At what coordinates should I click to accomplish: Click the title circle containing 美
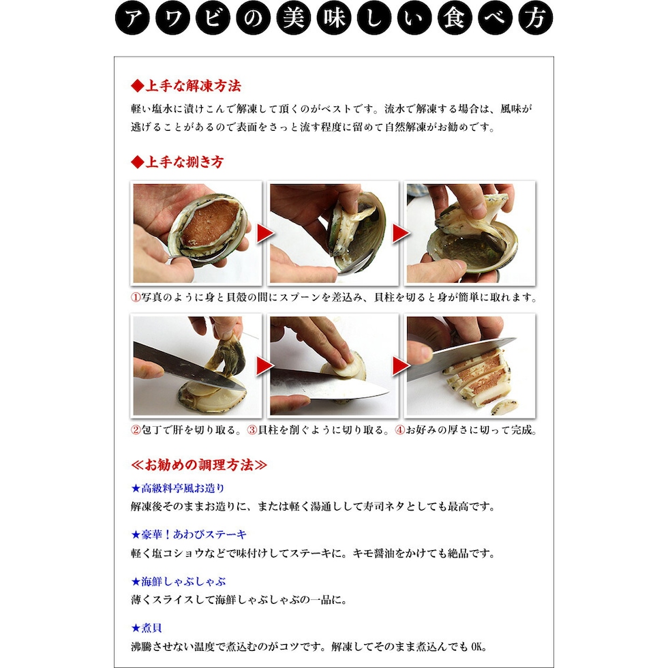pos(294,18)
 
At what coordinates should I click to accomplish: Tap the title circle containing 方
pos(536,18)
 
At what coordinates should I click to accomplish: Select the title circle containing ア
pos(132,18)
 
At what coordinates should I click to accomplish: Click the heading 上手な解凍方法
pos(186,86)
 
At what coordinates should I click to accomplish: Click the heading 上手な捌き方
pos(177,162)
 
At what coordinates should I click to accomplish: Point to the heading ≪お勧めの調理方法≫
pos(199,465)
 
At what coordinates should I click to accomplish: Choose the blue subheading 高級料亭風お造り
pos(178,488)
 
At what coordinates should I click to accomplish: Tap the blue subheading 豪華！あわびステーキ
pos(189,534)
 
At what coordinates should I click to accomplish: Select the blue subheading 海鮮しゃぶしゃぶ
pos(179,581)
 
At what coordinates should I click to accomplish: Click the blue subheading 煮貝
pos(147,628)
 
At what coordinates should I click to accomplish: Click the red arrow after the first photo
pos(265,233)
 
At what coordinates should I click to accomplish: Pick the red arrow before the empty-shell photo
pos(401,233)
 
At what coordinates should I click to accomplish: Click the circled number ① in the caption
pos(136,297)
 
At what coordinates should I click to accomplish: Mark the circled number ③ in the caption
pos(252,430)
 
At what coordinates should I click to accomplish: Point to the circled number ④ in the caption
pos(399,430)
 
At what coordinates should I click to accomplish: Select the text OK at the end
pos(479,647)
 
